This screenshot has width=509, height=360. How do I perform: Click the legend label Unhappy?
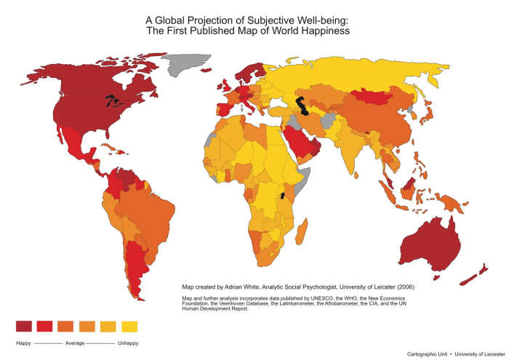click(x=128, y=343)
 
